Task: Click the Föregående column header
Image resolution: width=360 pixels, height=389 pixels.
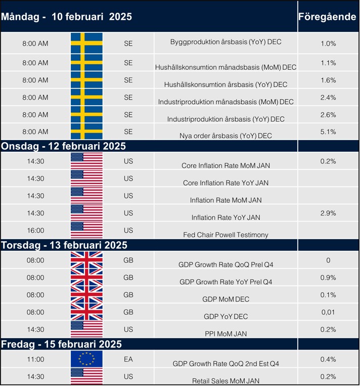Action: click(x=328, y=17)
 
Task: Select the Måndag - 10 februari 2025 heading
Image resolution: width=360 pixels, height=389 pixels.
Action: click(x=66, y=17)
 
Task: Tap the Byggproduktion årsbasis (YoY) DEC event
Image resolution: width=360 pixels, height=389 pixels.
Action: click(x=226, y=42)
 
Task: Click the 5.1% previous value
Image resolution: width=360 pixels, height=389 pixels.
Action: click(x=328, y=132)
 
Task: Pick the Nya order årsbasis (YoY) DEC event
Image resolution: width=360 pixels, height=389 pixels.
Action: click(x=226, y=136)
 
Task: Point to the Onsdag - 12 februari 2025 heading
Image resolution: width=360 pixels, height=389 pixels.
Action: click(x=63, y=146)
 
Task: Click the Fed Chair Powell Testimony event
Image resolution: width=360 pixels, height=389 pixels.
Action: click(x=226, y=235)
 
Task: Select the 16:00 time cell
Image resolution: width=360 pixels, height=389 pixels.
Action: click(x=35, y=230)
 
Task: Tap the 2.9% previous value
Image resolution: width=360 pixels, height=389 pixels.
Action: click(x=328, y=213)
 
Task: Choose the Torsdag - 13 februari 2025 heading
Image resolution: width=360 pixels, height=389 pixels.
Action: click(x=64, y=245)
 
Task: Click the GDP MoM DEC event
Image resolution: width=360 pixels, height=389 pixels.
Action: click(x=226, y=299)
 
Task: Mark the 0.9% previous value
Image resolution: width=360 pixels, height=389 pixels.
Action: click(x=328, y=278)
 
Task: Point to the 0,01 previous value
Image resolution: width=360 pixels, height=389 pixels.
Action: click(x=328, y=312)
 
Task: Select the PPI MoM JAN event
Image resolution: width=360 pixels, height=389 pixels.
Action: click(x=226, y=333)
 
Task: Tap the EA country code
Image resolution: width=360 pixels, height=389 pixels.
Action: click(x=128, y=360)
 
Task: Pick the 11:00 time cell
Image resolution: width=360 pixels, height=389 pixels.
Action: click(x=35, y=360)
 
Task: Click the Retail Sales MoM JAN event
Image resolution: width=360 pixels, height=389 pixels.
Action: click(x=226, y=381)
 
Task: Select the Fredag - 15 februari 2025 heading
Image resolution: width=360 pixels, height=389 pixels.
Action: click(x=61, y=344)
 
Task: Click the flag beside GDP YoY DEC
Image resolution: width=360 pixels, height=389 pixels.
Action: click(x=86, y=312)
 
